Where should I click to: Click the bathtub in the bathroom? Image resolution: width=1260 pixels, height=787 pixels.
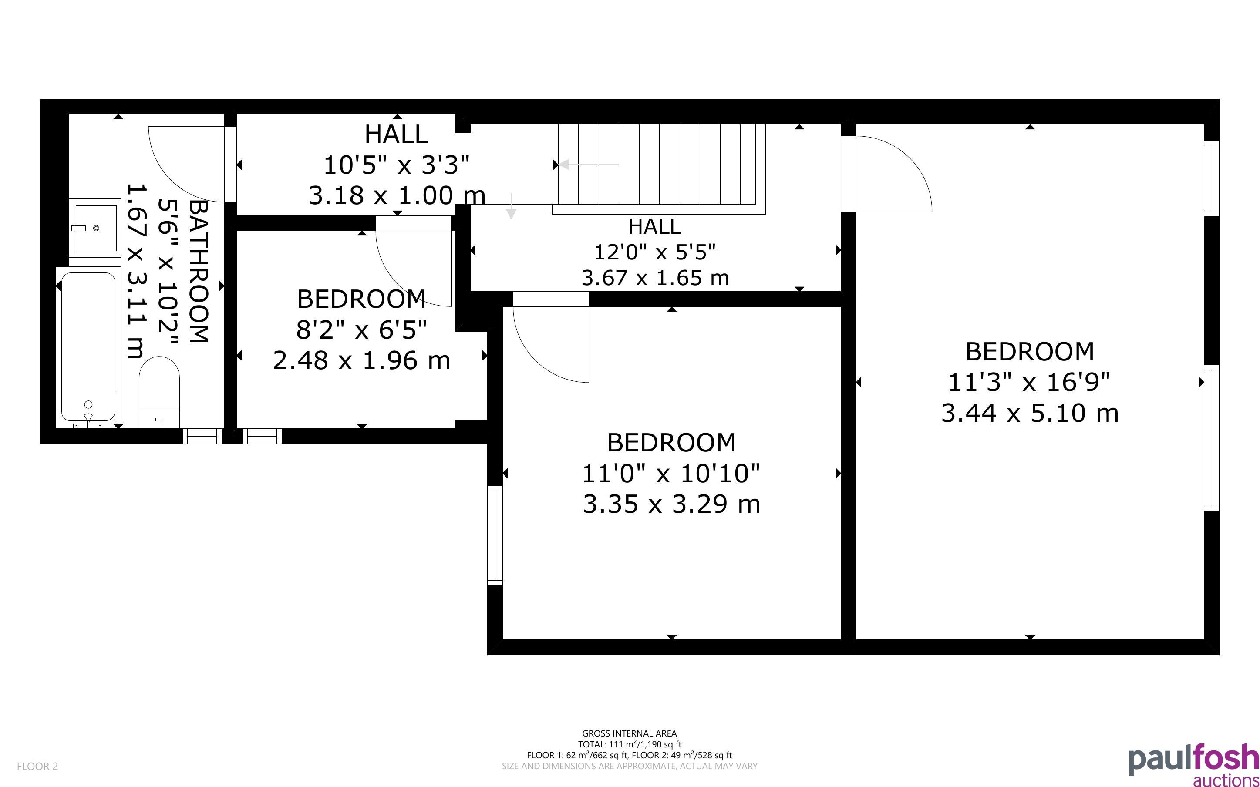[x=88, y=347]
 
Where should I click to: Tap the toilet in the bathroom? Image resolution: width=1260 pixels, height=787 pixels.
[x=159, y=392]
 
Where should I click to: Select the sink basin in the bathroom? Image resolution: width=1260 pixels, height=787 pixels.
[x=96, y=228]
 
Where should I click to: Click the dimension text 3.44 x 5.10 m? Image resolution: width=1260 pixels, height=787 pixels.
[x=1030, y=413]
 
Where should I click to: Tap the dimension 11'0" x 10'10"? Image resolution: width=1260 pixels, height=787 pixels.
[x=671, y=474]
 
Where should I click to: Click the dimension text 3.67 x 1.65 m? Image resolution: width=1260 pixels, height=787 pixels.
[x=655, y=278]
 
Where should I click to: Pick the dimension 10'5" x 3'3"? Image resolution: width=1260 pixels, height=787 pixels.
[x=397, y=165]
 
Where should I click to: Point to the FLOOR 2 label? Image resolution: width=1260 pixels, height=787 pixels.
[x=37, y=766]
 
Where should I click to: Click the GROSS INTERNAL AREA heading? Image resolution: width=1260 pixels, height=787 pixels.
[x=629, y=733]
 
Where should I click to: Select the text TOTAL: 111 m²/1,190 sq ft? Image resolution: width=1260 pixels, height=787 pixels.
[x=629, y=744]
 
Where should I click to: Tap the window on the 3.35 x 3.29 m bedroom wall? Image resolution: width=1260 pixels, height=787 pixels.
[x=495, y=535]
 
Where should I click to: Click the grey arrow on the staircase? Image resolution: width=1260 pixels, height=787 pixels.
[x=589, y=165]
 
